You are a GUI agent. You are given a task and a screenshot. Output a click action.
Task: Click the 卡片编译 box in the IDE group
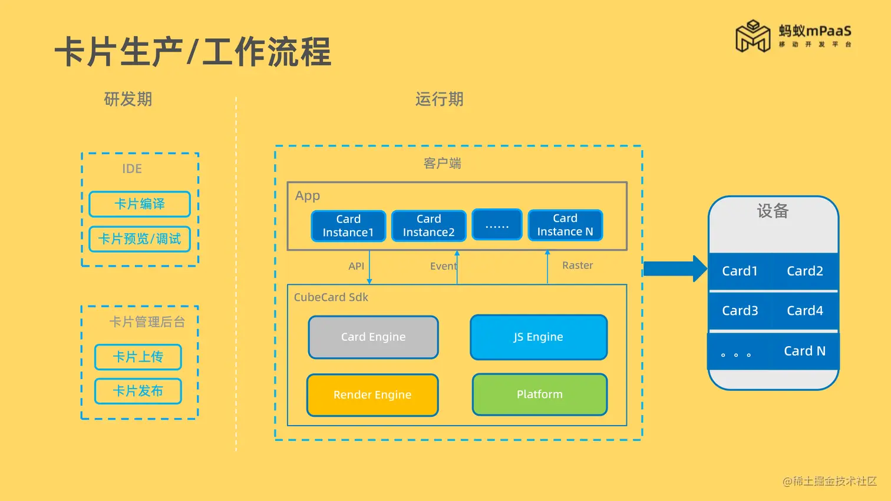(140, 204)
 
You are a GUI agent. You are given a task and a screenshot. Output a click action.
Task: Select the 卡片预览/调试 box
(140, 239)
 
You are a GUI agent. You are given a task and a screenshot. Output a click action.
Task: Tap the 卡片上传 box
(138, 357)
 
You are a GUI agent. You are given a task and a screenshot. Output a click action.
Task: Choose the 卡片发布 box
(138, 391)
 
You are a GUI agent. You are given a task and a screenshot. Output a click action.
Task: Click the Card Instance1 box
(348, 225)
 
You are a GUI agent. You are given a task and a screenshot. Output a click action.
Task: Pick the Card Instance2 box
(428, 225)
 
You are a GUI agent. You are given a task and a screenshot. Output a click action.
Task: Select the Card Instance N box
(565, 225)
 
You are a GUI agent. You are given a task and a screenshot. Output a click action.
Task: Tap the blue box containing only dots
(497, 224)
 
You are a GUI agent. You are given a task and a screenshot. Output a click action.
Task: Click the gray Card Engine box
(373, 337)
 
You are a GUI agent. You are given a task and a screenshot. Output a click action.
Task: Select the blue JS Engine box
(538, 337)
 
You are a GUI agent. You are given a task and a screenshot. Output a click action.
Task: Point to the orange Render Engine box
(372, 394)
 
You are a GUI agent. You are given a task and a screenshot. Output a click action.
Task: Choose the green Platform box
(539, 394)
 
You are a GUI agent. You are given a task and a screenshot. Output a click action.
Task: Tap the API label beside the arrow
(356, 266)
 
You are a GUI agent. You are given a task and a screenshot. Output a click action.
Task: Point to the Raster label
(577, 266)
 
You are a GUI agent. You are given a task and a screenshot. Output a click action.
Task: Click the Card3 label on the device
(740, 310)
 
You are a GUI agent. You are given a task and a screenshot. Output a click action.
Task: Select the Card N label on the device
(804, 351)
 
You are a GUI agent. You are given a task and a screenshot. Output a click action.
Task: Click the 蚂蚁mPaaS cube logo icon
(753, 37)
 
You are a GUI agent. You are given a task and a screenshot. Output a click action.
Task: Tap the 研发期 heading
(128, 99)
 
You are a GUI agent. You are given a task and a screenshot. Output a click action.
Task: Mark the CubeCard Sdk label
(331, 297)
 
